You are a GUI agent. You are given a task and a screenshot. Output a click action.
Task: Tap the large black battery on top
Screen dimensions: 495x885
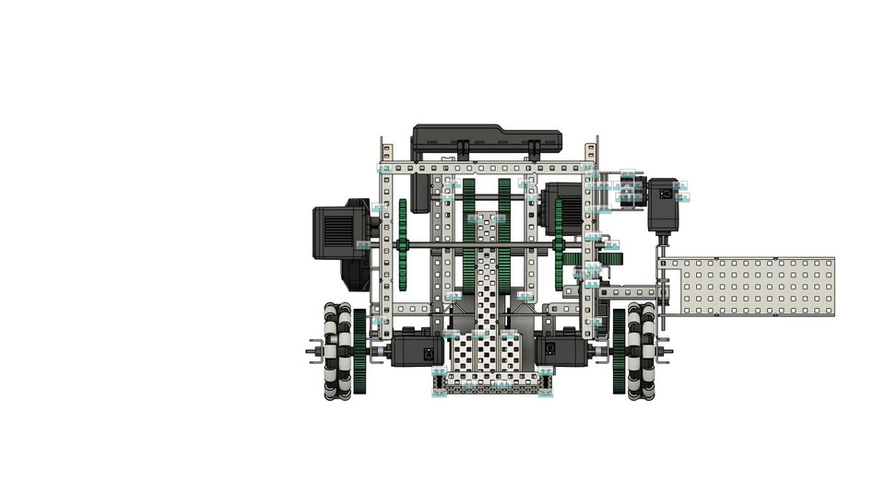(486, 141)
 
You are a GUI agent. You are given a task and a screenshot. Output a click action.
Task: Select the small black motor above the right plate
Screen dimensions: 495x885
(663, 204)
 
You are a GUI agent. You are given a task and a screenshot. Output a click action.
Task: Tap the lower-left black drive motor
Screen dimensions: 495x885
(417, 350)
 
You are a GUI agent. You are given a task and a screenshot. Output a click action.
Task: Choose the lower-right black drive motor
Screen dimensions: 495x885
(560, 350)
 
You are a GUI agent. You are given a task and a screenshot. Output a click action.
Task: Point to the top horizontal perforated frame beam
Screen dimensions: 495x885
(486, 169)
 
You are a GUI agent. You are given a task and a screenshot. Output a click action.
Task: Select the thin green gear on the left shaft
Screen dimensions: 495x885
(404, 244)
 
